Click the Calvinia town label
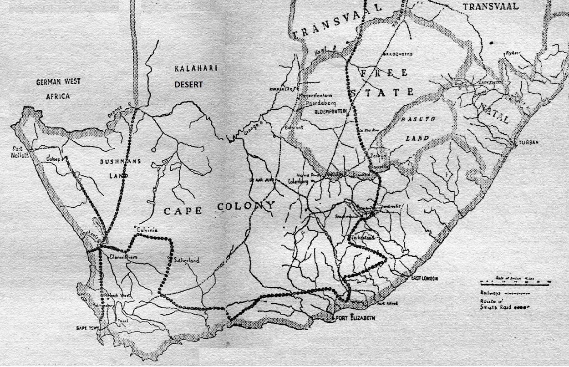coord(147,230)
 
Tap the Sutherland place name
coord(187,260)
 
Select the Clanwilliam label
coord(123,257)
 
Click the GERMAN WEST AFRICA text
coord(58,89)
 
